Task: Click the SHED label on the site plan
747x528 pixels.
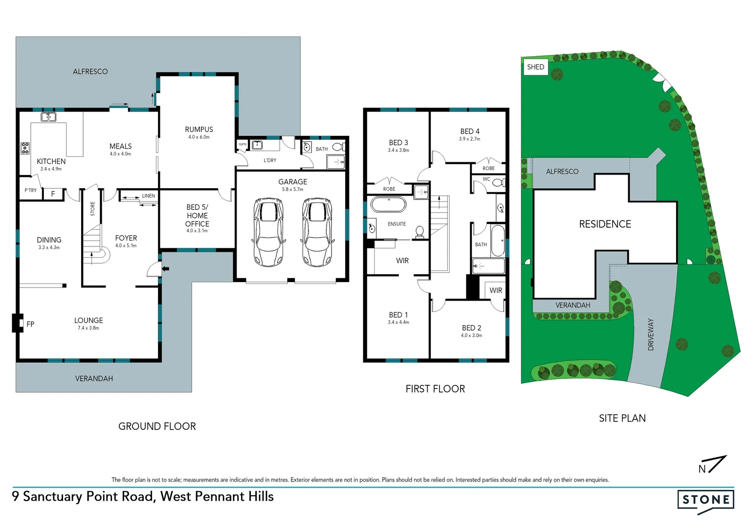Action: pyautogui.click(x=535, y=67)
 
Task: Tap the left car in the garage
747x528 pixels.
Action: pyautogui.click(x=268, y=232)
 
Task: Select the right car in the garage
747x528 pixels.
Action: pyautogui.click(x=317, y=232)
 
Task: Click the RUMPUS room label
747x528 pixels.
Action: pyautogui.click(x=198, y=130)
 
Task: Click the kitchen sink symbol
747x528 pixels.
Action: pyautogui.click(x=48, y=117)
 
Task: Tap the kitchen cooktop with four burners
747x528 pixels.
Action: pyautogui.click(x=25, y=148)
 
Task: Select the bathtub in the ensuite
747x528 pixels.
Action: pyautogui.click(x=388, y=204)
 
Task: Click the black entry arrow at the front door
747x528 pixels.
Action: pyautogui.click(x=166, y=268)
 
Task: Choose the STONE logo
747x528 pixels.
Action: pyautogui.click(x=705, y=500)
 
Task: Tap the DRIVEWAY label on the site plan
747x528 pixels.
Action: pyautogui.click(x=651, y=334)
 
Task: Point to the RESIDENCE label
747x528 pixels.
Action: pyautogui.click(x=605, y=224)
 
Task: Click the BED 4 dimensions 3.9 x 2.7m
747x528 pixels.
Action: pyautogui.click(x=469, y=139)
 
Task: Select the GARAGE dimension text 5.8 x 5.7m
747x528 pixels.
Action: pyautogui.click(x=292, y=189)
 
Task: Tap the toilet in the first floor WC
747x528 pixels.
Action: pyautogui.click(x=498, y=183)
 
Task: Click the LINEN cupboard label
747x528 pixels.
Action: pyautogui.click(x=148, y=196)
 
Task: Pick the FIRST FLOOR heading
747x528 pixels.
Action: pyautogui.click(x=435, y=389)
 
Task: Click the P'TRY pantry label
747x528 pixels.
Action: pyautogui.click(x=31, y=191)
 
